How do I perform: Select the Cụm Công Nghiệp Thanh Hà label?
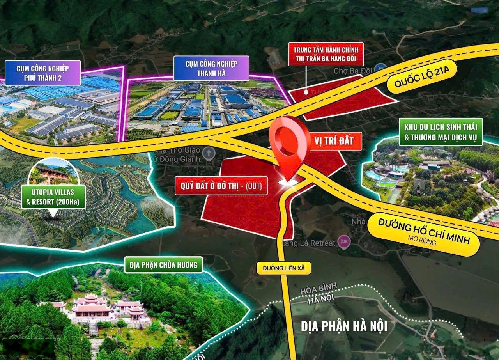(x=211, y=69)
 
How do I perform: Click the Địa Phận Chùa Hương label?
(x=164, y=265)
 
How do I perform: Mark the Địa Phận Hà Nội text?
(x=344, y=326)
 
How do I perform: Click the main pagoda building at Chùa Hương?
(x=92, y=308)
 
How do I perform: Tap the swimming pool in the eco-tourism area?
(x=375, y=175)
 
